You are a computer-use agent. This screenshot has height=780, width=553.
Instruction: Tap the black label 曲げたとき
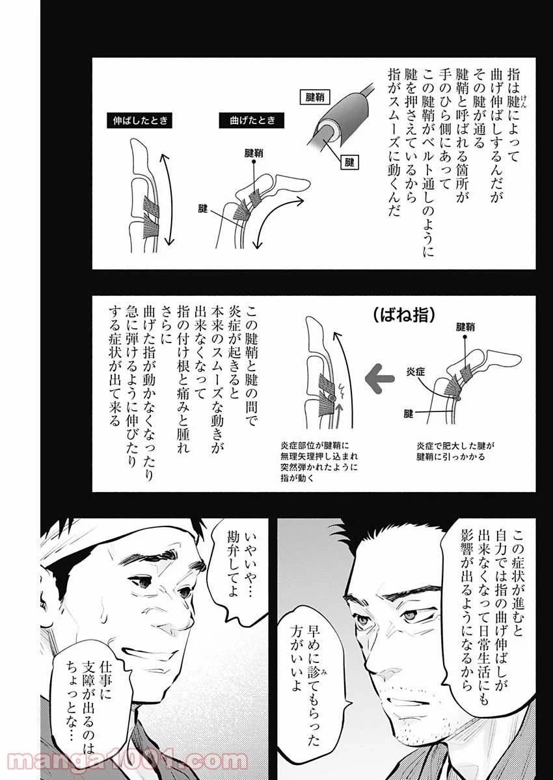pos(247,120)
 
